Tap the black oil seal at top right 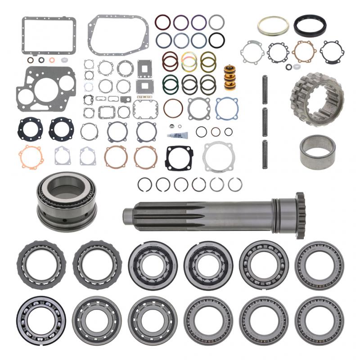tap(310, 26)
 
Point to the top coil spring tap(265, 90)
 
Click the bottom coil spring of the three tap(265, 154)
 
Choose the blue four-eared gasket tap(226, 108)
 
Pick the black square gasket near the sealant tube tap(179, 158)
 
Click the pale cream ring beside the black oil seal tap(273, 27)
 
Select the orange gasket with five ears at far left tap(31, 157)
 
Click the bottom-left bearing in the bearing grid tap(41, 320)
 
